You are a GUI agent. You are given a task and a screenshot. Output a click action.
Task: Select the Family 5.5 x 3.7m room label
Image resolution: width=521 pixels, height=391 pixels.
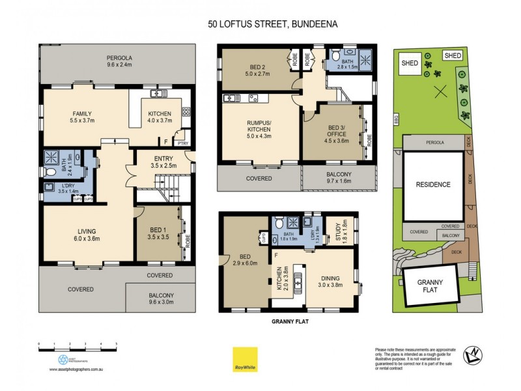82,117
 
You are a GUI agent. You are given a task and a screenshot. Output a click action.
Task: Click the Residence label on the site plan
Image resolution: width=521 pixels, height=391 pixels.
433,184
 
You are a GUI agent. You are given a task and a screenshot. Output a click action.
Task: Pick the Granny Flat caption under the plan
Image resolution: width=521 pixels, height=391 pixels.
289,321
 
